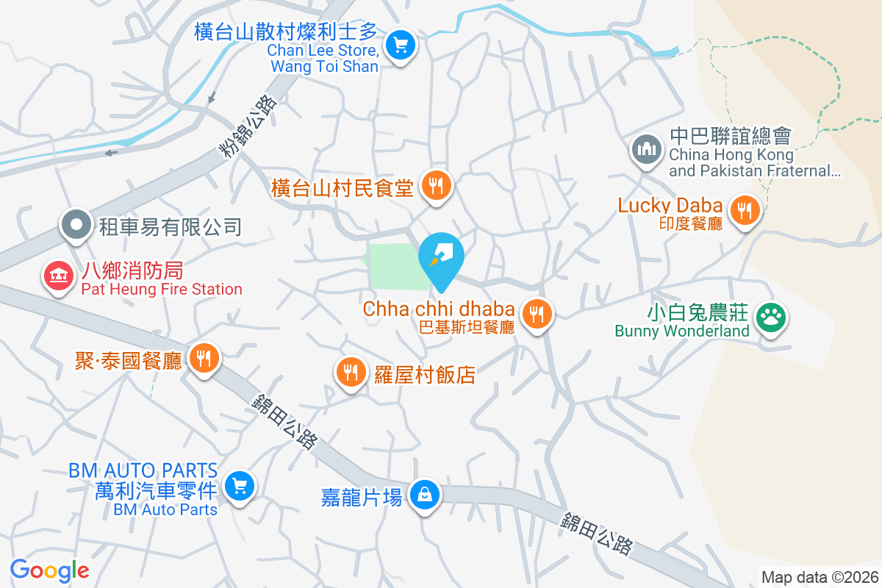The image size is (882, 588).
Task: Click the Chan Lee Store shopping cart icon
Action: pos(401,46)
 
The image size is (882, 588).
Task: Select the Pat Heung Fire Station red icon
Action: pos(58,277)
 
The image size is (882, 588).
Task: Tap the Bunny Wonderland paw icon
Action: pos(770,318)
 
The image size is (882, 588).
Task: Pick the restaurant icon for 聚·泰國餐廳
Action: pos(204,358)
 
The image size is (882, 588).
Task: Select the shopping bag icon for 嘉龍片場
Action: pos(424,495)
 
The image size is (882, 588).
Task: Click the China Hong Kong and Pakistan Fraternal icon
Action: pos(647,149)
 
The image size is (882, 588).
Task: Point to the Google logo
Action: pos(49,570)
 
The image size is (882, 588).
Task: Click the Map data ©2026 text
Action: pos(820,577)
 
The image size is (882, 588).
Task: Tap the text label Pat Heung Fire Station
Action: pos(162,290)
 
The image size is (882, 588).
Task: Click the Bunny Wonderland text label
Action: pos(682,331)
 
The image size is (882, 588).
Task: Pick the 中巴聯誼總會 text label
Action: pos(729,136)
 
